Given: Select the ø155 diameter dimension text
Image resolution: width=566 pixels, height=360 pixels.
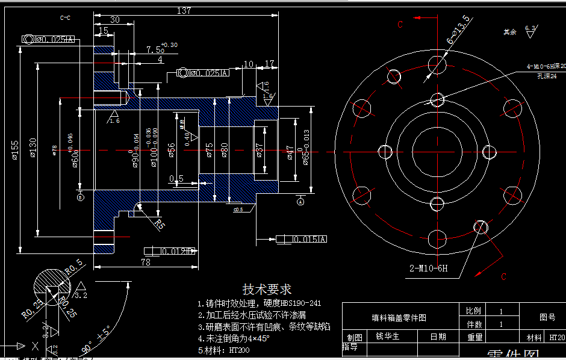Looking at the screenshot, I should point(15,147).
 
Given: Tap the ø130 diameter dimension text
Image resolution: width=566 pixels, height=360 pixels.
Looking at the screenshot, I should point(33,147).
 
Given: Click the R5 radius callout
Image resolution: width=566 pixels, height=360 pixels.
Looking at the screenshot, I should point(160,225).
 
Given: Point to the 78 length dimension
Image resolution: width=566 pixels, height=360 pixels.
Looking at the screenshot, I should point(145,262).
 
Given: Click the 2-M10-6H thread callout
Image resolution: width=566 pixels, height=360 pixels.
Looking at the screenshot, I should point(429,268).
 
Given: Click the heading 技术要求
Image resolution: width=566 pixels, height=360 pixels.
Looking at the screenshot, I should point(266,290).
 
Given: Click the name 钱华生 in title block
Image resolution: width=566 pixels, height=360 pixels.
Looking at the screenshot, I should point(387,337).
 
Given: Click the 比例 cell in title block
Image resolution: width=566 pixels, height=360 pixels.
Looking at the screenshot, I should point(473,311).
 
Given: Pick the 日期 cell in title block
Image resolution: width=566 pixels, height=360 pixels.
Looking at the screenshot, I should point(438,337).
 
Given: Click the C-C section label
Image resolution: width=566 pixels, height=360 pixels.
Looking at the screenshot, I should point(66,18).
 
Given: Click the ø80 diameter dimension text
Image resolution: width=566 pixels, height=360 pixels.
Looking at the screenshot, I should point(224,149).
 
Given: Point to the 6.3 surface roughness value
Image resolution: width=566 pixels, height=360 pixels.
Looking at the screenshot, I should point(530,28).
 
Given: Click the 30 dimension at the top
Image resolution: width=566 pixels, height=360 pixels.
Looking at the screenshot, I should point(114,19).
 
